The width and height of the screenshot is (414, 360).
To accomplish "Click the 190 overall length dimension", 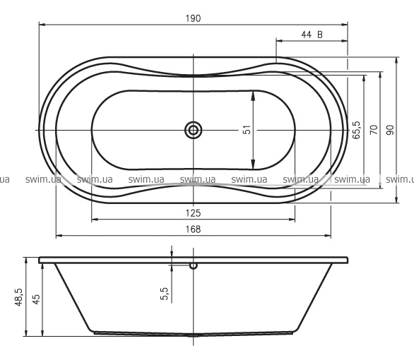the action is coord(194,18).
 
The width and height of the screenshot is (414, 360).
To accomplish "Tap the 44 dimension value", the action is coord(307,35).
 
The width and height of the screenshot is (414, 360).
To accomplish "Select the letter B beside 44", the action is coord(320,35).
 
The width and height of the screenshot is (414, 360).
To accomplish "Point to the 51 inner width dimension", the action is coord(247,130).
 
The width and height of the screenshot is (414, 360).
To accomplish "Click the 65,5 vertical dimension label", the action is coord(356,130).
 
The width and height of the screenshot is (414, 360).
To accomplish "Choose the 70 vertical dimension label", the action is coord(374,130).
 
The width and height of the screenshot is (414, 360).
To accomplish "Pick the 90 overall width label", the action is coord(390,130).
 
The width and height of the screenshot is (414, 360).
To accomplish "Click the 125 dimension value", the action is coord(194,213).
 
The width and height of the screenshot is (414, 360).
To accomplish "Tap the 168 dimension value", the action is coord(194,229).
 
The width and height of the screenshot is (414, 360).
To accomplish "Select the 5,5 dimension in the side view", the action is coord(164,294).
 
